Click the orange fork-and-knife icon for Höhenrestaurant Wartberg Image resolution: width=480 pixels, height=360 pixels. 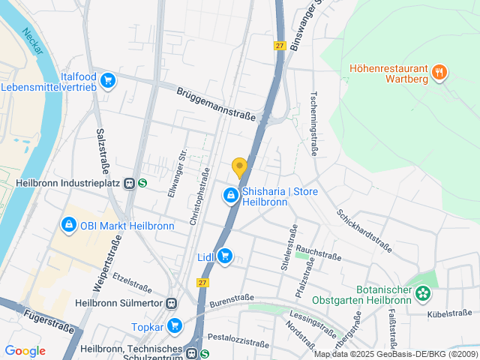tap(439, 73)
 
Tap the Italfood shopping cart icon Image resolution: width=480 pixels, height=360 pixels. tap(109, 79)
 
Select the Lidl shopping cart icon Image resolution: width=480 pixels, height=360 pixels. tap(224, 257)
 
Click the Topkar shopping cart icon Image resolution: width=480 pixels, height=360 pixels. tap(175, 325)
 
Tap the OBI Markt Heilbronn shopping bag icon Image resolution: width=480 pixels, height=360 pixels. tap(68, 224)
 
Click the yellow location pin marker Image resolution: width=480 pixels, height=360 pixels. tap(239, 168)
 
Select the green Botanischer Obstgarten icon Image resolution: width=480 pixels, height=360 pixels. tap(424, 293)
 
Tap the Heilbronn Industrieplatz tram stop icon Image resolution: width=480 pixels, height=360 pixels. tap(130, 182)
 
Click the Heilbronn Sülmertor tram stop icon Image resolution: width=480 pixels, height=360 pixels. tap(172, 303)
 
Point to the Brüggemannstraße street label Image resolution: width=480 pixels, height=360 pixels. tap(216, 103)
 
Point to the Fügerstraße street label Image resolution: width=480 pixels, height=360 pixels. tap(49, 321)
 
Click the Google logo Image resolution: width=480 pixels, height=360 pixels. tap(25, 350)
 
